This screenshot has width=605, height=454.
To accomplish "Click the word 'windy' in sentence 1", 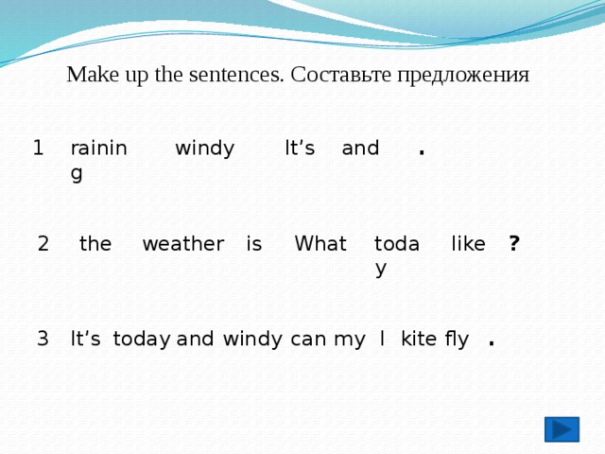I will click(x=205, y=148).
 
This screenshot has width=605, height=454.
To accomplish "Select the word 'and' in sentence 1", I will click(x=360, y=148).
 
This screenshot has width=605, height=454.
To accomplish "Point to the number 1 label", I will click(x=38, y=148).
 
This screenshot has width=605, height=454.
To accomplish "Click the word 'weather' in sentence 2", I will click(x=182, y=244).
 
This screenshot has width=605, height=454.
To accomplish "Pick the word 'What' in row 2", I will click(x=320, y=244).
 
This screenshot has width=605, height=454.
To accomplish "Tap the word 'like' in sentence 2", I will click(x=468, y=244).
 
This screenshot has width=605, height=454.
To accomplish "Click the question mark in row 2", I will click(x=513, y=244).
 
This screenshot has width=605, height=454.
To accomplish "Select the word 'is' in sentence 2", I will click(x=253, y=244).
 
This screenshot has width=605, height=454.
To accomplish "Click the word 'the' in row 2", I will click(x=95, y=244).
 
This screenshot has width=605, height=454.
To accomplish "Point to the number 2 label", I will click(x=43, y=244).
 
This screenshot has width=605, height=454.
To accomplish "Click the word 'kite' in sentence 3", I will click(x=418, y=339).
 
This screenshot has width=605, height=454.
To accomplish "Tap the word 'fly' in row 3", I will click(x=457, y=340).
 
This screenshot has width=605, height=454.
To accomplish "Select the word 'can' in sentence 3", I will click(x=308, y=339).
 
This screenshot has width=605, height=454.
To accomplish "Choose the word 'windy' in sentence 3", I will click(x=252, y=339).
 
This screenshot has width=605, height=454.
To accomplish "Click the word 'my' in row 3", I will click(x=343, y=340).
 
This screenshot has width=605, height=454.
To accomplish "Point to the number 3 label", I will click(x=43, y=339).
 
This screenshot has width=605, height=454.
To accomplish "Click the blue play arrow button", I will click(x=562, y=429).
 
